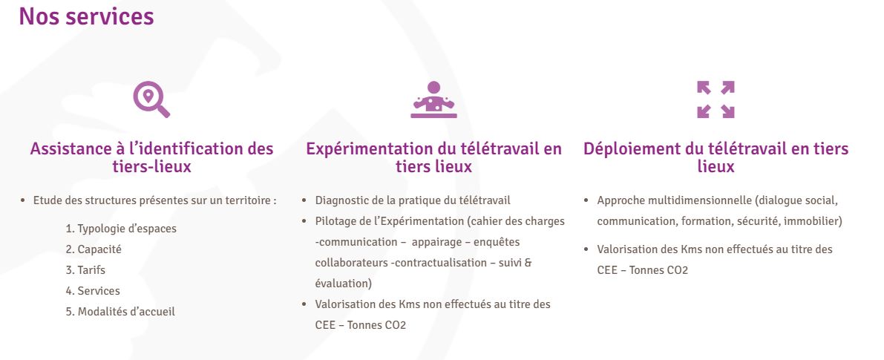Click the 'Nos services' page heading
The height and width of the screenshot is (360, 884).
click(x=86, y=16)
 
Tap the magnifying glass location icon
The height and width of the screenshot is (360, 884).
click(x=151, y=99)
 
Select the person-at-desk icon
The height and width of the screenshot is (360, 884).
click(x=433, y=99)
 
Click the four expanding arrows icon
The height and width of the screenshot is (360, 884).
click(x=716, y=99)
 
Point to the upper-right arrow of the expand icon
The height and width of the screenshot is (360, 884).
click(x=727, y=88)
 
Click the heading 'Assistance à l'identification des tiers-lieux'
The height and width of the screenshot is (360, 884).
click(x=151, y=158)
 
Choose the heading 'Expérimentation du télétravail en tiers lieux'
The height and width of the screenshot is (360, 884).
click(x=433, y=158)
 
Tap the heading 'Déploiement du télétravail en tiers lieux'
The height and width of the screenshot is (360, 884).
click(x=716, y=158)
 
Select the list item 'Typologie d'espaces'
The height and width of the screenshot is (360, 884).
click(x=121, y=229)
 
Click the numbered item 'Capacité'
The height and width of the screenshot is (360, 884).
click(x=93, y=249)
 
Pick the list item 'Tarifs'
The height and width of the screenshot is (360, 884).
click(x=85, y=270)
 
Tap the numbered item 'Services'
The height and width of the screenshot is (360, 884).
click(x=93, y=291)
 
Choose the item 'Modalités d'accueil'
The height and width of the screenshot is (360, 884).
click(x=120, y=312)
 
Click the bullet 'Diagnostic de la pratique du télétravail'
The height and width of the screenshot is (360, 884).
click(x=413, y=200)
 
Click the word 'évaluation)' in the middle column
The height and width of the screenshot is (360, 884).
click(x=344, y=284)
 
